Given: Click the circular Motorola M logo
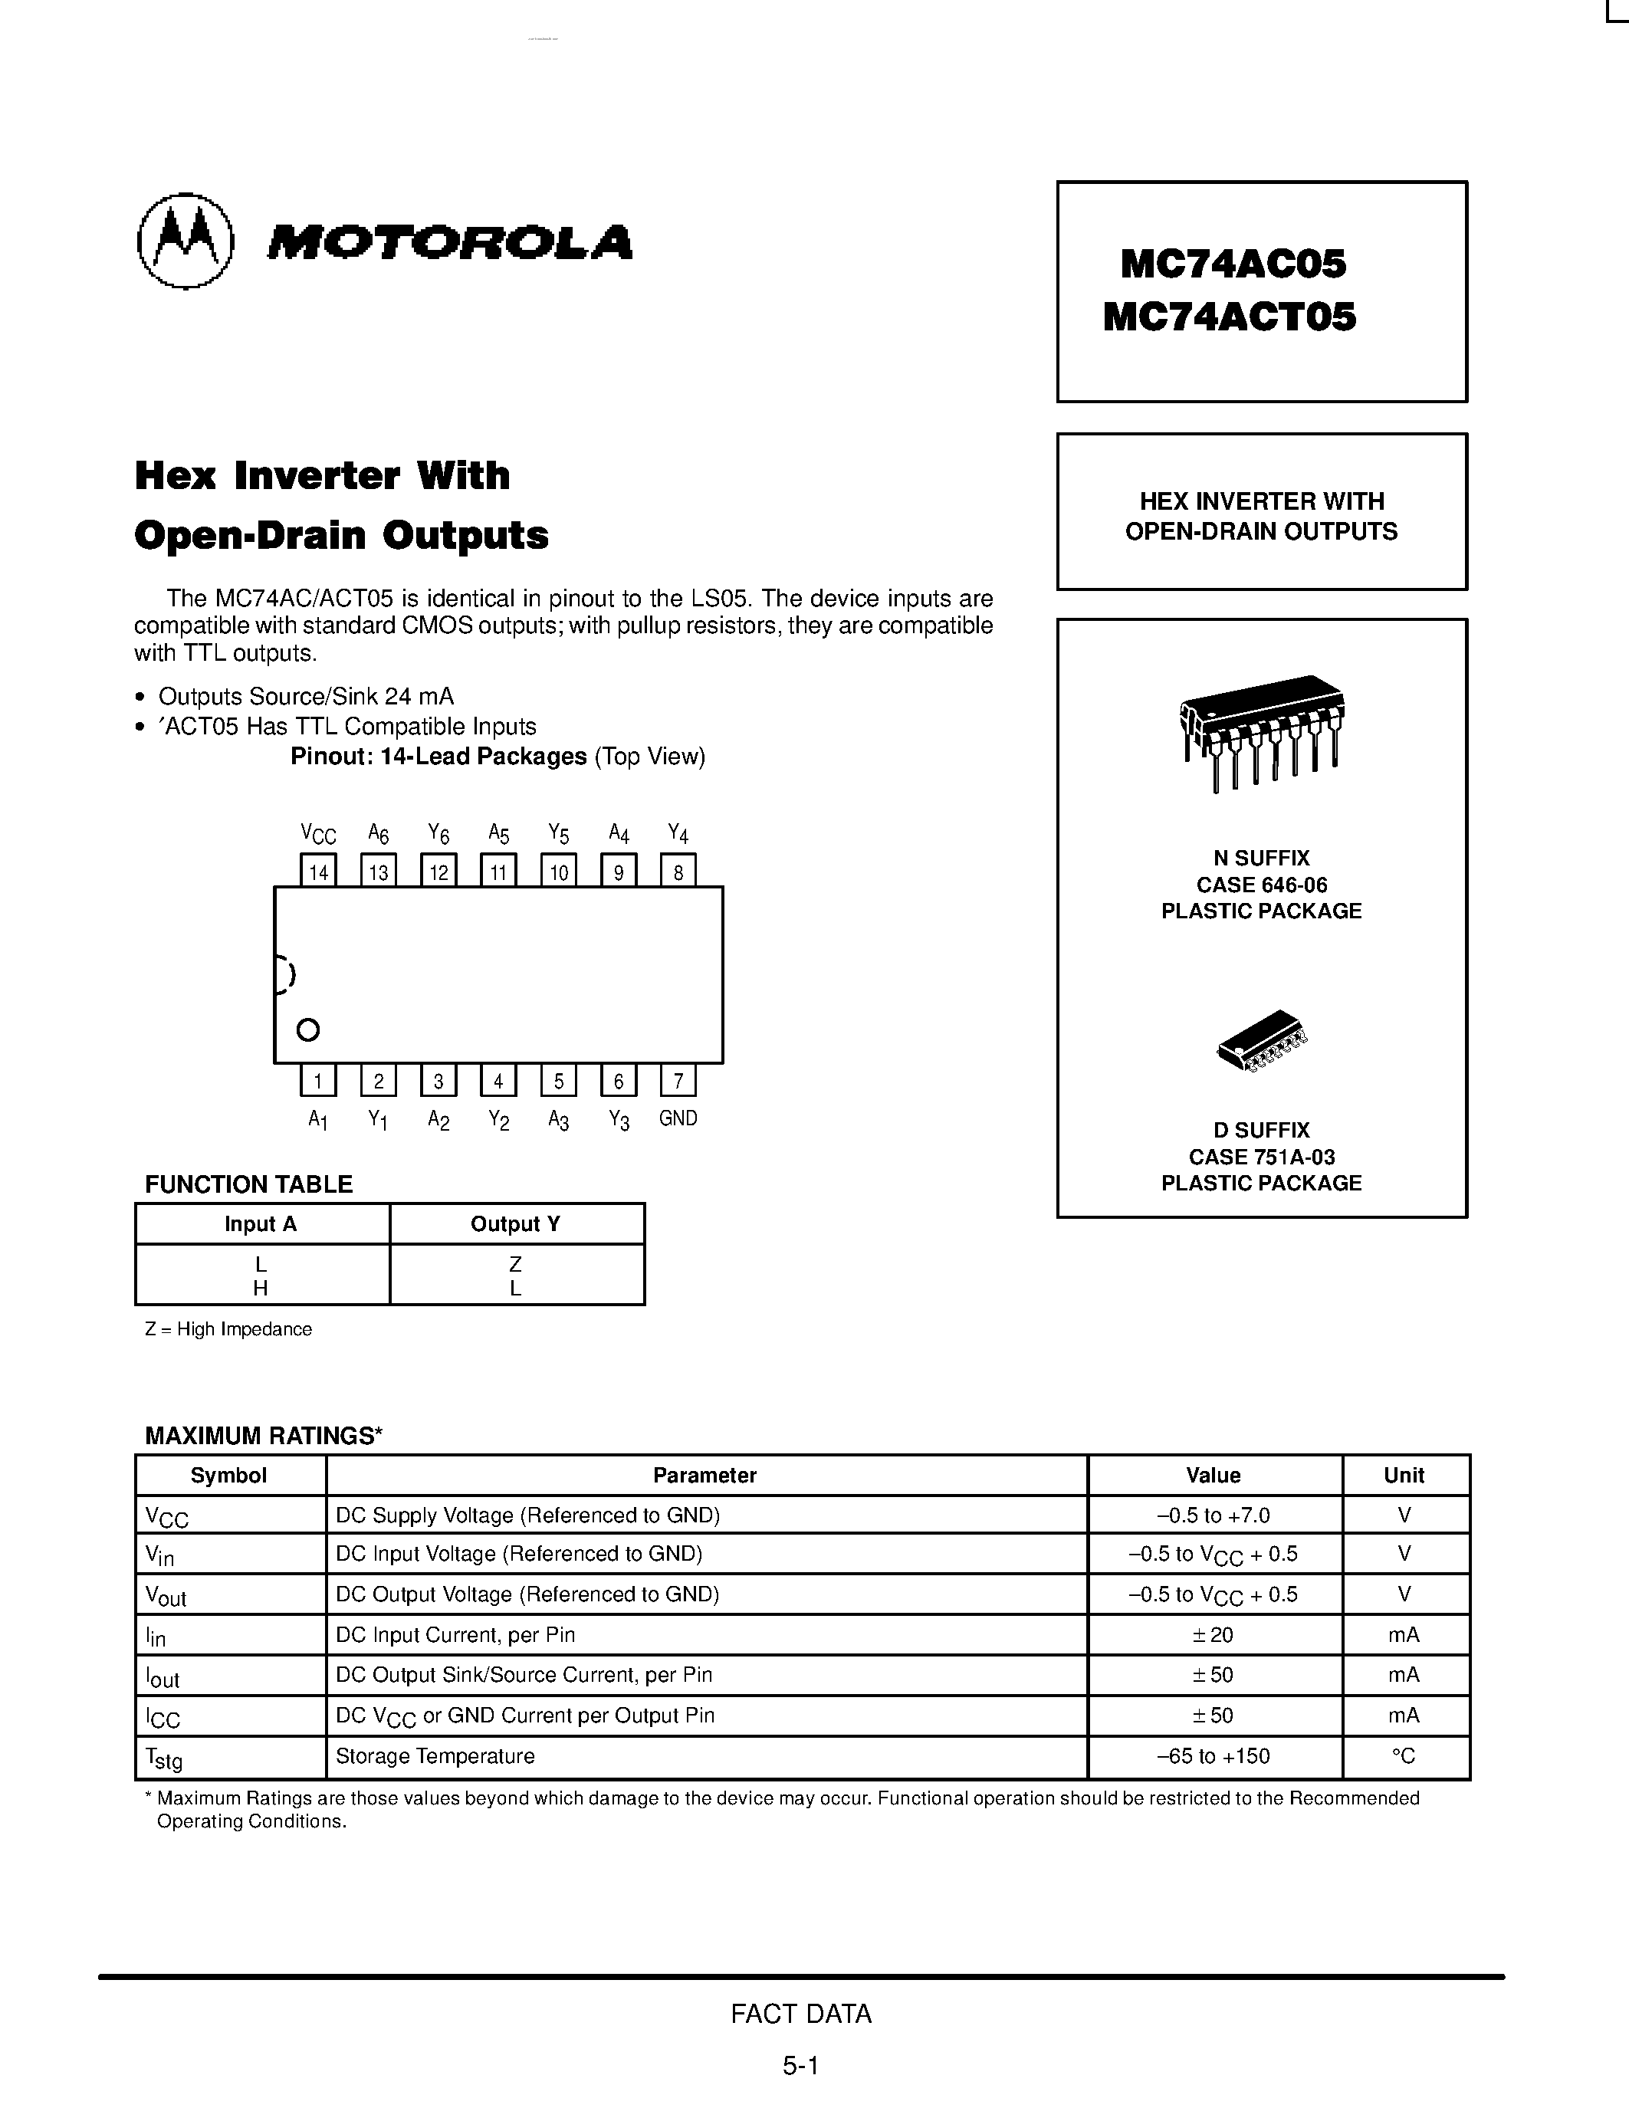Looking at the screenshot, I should coord(186,241).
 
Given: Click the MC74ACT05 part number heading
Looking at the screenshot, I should coord(1229,317).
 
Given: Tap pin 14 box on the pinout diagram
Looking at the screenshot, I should coord(318,872).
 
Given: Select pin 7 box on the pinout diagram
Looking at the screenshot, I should coord(678,1080).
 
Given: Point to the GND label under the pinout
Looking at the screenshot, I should coord(678,1118).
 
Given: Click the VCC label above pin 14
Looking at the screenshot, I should coord(318,833).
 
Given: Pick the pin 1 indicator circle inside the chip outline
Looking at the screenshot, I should coord(308,1030).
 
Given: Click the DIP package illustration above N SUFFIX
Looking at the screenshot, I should coord(1261,731).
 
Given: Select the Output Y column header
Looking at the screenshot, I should coord(515,1224).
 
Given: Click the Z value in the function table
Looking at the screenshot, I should coord(515,1263).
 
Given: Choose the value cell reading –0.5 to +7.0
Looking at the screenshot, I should coord(1213,1515).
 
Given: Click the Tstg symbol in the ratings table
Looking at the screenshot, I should coord(163,1758).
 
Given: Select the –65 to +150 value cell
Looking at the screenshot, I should coord(1213,1757).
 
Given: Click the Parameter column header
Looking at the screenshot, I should coord(704,1475).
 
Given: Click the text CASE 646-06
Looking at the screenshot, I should coord(1261,885).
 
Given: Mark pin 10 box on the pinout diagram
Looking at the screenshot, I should coord(559,872).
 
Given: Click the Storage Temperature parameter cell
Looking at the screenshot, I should coord(435,1757).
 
